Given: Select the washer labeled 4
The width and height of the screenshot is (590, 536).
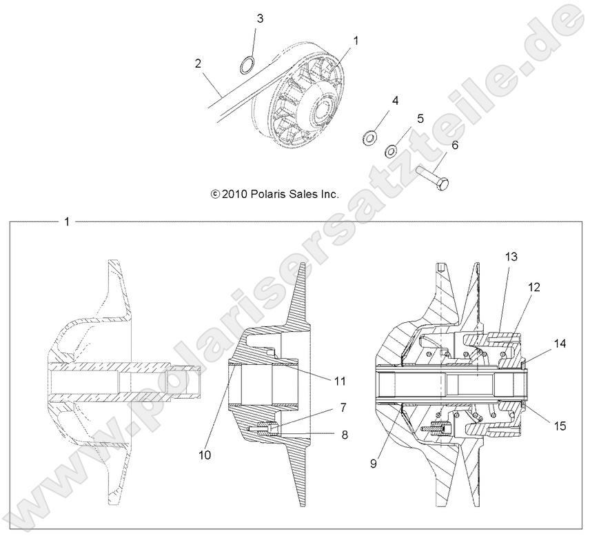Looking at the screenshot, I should (369, 137).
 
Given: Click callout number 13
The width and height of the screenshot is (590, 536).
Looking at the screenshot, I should (510, 256).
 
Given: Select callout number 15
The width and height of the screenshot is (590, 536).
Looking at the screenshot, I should (559, 426).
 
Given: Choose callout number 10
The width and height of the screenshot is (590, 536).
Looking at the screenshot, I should (206, 455).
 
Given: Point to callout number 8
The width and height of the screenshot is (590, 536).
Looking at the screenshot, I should (343, 435).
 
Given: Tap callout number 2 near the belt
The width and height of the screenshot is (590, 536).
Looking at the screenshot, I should (198, 63).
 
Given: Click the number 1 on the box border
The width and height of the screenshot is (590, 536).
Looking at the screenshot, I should (66, 222).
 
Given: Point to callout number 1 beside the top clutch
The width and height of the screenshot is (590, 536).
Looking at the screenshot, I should (356, 41).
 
